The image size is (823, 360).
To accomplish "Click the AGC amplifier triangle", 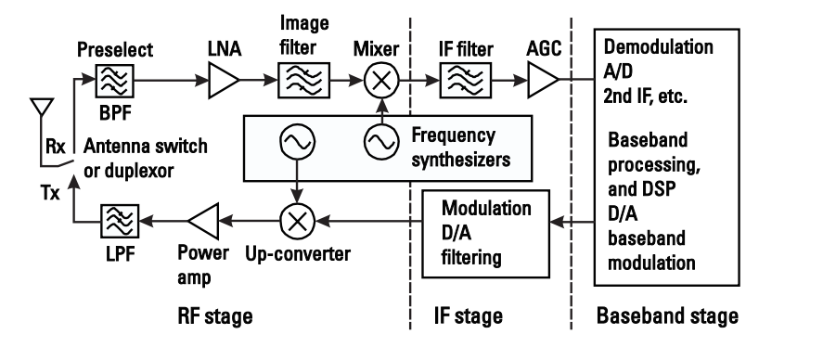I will (x=545, y=84).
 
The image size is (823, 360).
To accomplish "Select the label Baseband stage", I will (x=667, y=317).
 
